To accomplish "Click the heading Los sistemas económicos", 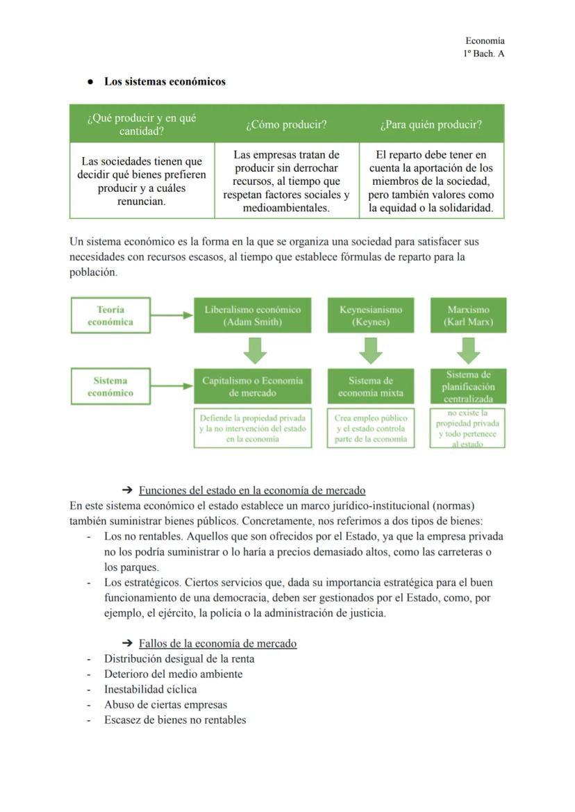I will pos(165,81).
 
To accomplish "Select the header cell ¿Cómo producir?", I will pos(286,124).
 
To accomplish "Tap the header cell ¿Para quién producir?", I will pos(431,124).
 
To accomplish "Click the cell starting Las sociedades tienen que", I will pos(142,181).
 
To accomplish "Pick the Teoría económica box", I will pos(110,315).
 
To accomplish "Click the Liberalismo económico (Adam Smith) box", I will pos(252,315).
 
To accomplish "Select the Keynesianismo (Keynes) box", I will pos(371,315).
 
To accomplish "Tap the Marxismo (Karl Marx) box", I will pos(468,315).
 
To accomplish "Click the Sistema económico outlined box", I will pos(110,386).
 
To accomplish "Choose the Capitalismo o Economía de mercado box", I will pos(252,386).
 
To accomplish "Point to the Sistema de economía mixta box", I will pos(371,386).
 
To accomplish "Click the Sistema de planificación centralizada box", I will pos(468,386).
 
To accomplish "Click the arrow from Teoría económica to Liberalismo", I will pos(172,315).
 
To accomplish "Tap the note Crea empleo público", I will pos(371,429).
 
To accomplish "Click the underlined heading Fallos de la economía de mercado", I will pos(217,643).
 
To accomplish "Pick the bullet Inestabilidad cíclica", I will pos(150,689).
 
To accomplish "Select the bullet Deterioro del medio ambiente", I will pos(173,674).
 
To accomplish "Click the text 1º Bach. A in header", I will pos(483,53).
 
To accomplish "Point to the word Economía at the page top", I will pos(485,41).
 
